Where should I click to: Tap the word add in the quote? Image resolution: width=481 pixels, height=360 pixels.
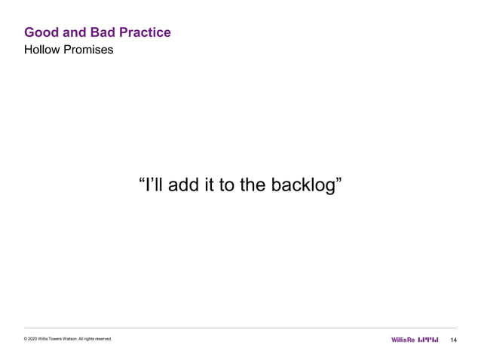tap(185, 185)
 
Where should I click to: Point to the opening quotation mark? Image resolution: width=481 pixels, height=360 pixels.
tap(142, 181)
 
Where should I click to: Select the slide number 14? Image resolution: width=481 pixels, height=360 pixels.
tap(454, 340)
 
